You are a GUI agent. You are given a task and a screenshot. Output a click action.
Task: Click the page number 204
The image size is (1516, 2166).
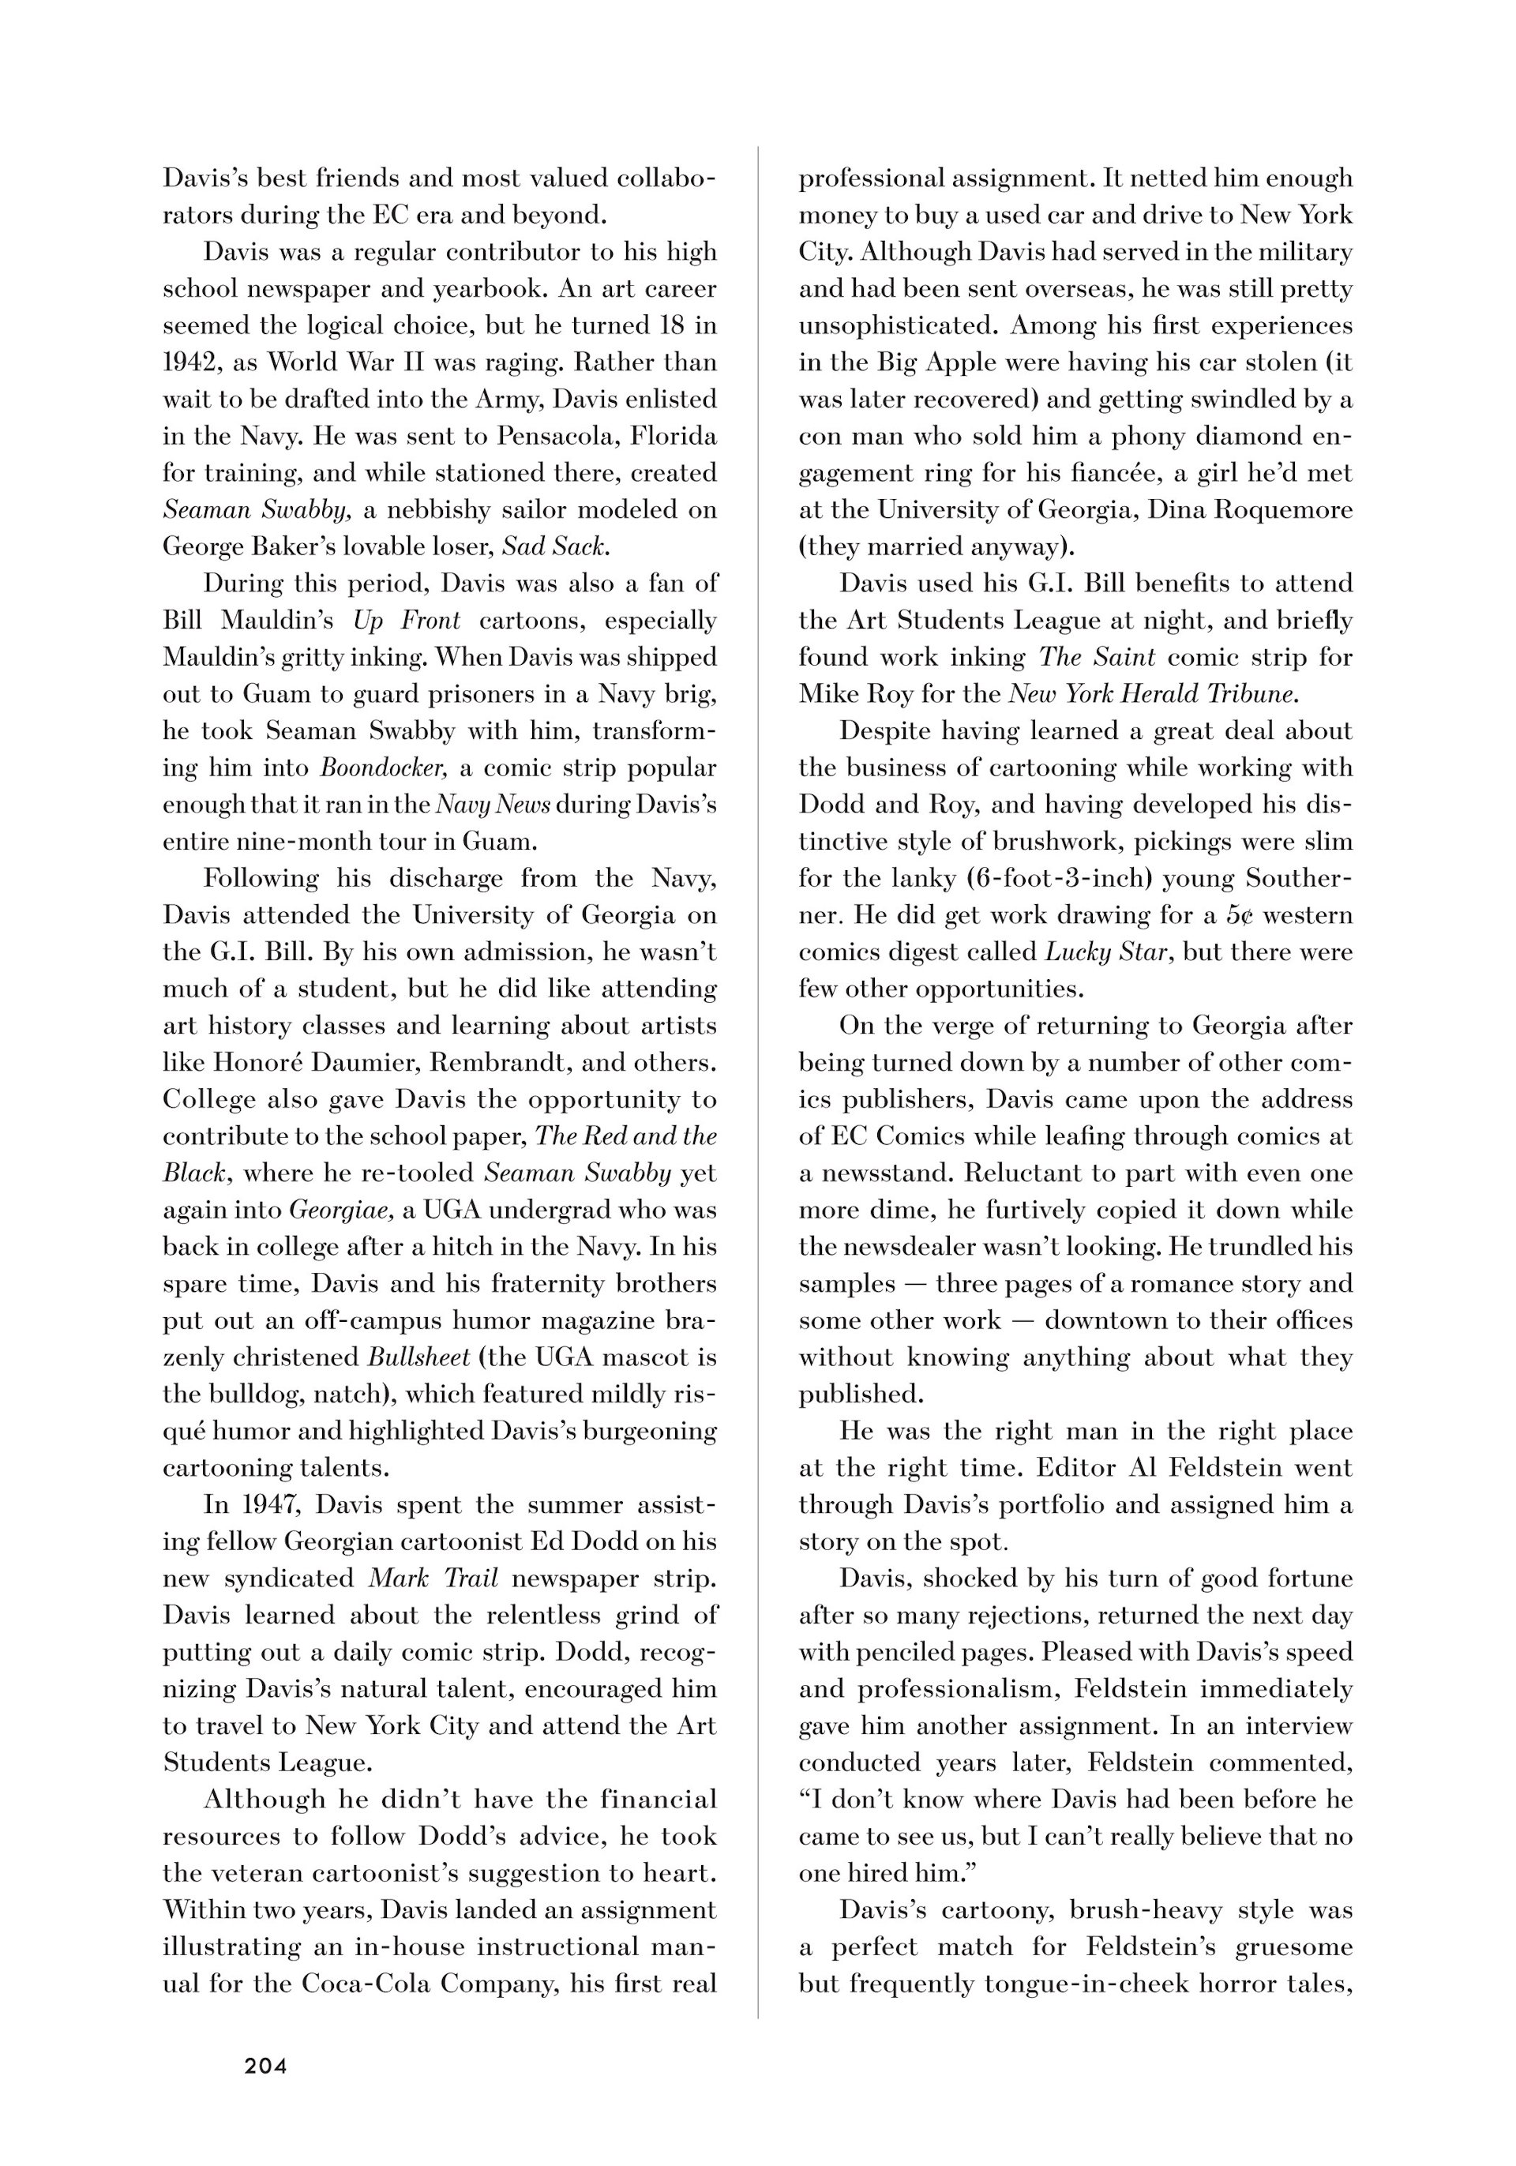click(265, 2066)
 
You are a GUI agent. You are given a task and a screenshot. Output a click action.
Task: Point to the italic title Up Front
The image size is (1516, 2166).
click(407, 621)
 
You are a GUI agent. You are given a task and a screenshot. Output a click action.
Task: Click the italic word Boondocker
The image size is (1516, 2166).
click(382, 768)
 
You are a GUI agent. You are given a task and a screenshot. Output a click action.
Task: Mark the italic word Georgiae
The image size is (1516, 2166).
click(340, 1211)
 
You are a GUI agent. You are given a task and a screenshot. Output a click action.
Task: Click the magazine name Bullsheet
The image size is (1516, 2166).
click(418, 1357)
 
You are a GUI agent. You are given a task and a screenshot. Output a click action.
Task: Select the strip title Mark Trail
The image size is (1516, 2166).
click(433, 1579)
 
